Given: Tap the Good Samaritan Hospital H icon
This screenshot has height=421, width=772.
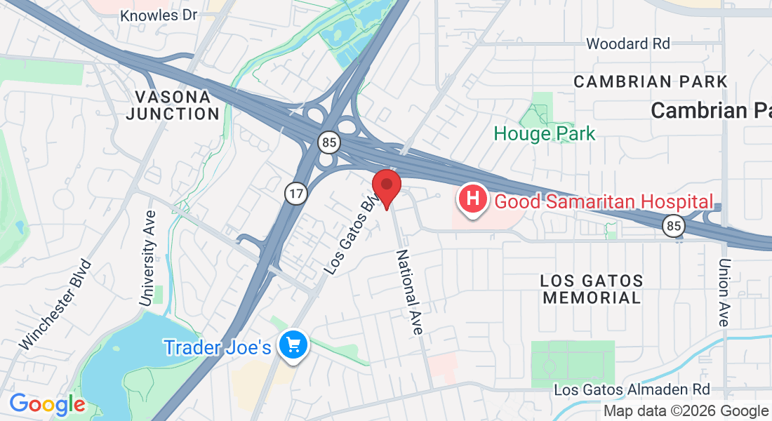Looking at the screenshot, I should pos(474,199).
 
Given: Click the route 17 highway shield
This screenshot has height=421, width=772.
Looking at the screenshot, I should pos(294,194).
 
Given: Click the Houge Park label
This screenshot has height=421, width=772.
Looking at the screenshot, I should pos(545,133).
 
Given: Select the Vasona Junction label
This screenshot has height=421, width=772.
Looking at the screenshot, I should pos(173,105).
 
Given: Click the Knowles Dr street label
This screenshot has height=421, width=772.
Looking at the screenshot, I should pos(159,15).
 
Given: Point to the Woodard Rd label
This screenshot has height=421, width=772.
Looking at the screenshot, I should pos(628,44).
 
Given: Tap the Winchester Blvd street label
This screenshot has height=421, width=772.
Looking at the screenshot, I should pos(56,305).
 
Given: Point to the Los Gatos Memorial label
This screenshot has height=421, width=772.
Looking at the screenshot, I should pos(592,289).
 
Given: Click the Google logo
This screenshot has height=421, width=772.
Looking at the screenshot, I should pos(47,404).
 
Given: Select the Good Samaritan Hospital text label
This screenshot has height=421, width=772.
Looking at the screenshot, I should pos(604,201).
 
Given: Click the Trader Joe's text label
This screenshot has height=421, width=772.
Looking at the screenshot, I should pos(218,347).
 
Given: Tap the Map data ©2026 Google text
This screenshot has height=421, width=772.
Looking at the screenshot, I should pos(686,411).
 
